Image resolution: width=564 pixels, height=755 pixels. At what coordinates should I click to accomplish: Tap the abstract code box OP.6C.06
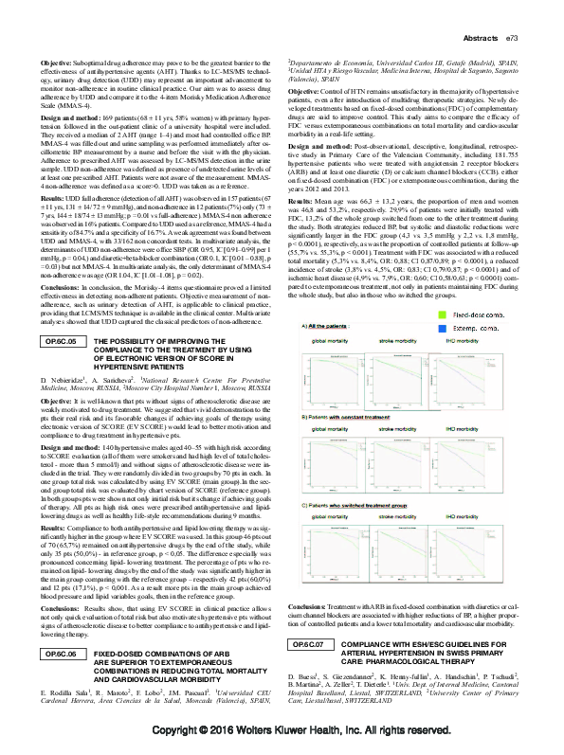tap(64, 655)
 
